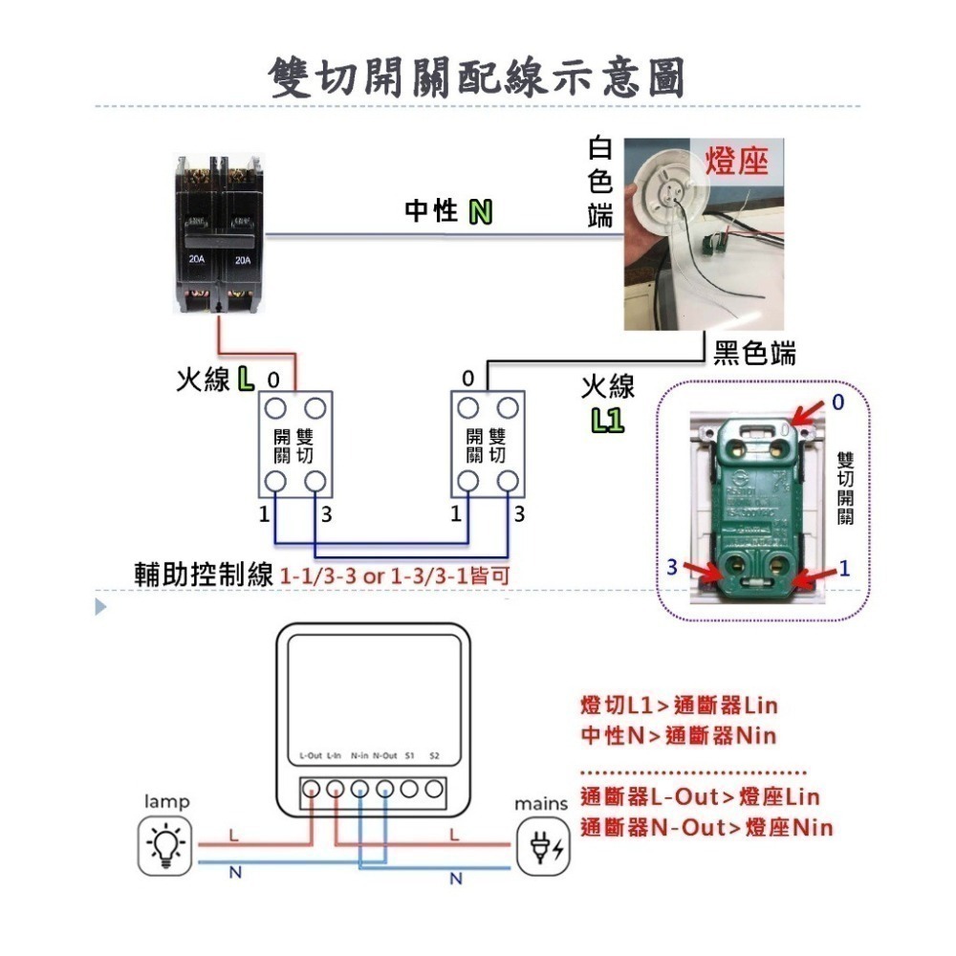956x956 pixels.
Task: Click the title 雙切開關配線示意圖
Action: [x=477, y=76]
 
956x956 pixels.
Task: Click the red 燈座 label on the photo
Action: [x=736, y=161]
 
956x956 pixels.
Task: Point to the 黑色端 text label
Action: [x=754, y=353]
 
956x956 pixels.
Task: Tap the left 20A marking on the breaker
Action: [x=197, y=259]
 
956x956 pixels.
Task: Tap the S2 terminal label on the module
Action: [x=434, y=755]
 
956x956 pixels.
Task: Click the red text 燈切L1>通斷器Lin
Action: [x=679, y=706]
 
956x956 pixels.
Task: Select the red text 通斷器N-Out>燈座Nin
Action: [x=706, y=827]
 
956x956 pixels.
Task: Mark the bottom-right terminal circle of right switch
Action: [x=506, y=481]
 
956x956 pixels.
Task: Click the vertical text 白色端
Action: [x=600, y=183]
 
